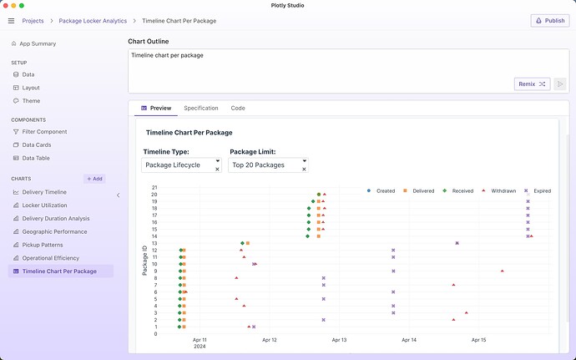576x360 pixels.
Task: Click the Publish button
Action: (550, 20)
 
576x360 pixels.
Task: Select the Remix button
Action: (532, 84)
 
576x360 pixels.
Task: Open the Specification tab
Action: (201, 109)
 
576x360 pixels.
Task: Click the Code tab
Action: (238, 109)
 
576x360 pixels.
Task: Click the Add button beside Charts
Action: (94, 179)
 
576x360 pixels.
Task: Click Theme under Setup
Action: (32, 101)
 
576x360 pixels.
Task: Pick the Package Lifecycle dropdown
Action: (181, 165)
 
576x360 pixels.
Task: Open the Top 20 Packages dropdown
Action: (267, 165)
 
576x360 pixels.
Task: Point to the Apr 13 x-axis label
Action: (339, 340)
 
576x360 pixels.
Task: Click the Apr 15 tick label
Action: (478, 340)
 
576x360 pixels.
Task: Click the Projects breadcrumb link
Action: (33, 20)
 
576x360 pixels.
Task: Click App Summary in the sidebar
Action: (38, 43)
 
